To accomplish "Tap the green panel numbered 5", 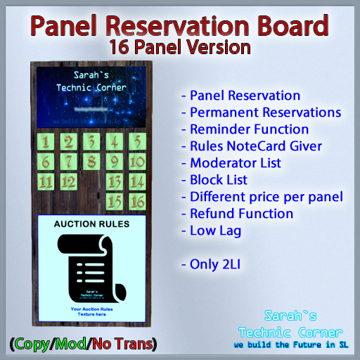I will point(136,143).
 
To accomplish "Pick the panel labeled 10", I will point(136,162).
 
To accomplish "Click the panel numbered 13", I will point(114,182).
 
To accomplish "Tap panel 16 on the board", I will point(136,202).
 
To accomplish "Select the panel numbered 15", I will point(114,202).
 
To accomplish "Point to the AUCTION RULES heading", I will point(91,225).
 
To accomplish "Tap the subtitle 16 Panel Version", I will point(180,49).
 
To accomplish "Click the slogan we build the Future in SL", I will point(292,345).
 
